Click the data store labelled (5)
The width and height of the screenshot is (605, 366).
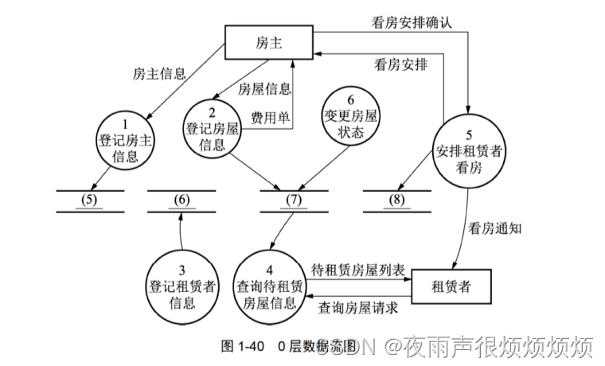pos(90,200)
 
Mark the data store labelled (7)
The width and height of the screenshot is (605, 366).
pos(294,200)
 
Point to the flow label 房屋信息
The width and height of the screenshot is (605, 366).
pos(265,89)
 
